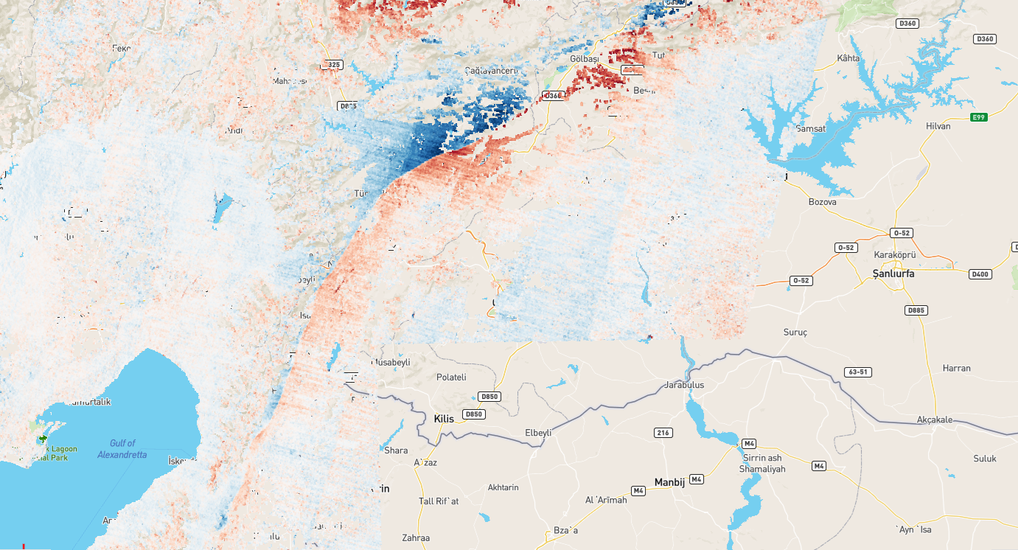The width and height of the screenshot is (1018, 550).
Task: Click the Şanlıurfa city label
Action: (x=893, y=274)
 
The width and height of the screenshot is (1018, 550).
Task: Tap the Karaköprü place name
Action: (x=894, y=254)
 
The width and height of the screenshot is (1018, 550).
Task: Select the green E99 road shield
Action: (x=979, y=116)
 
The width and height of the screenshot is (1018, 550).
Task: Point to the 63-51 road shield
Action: (x=859, y=372)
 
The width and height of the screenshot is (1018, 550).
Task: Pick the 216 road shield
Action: (x=663, y=433)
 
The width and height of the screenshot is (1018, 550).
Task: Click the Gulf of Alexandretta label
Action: (x=122, y=449)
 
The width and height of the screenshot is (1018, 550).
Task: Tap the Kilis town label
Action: (x=444, y=419)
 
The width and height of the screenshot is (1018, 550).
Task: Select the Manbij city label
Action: (x=669, y=482)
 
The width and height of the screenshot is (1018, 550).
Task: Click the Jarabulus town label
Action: (x=684, y=385)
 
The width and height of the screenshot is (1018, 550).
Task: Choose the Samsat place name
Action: (x=810, y=128)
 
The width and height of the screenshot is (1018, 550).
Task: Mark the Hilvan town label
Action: (x=938, y=126)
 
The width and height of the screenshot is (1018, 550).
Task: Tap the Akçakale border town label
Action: (x=935, y=420)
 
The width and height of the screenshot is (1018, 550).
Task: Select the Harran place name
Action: (x=957, y=368)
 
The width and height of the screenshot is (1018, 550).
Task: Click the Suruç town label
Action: (x=795, y=333)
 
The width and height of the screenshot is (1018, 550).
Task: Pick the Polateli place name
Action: (x=451, y=377)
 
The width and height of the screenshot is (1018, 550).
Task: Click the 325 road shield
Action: (x=333, y=65)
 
